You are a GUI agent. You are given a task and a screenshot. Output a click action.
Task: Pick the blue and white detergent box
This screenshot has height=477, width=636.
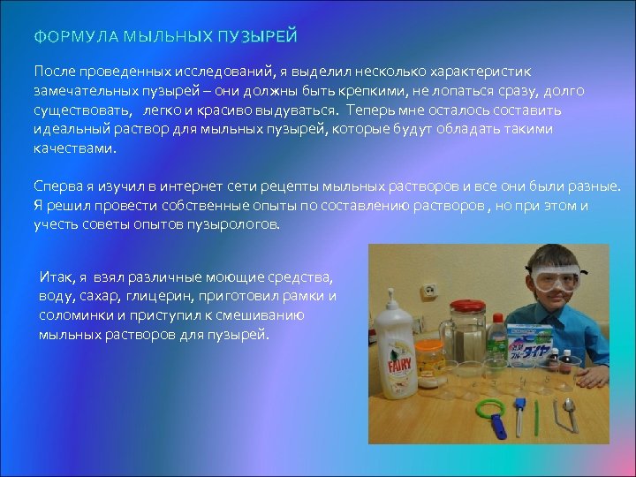point(531,330)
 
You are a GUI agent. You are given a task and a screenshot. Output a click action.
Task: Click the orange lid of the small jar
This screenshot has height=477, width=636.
point(428,344)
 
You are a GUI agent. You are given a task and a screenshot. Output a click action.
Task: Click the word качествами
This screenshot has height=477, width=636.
point(74,148)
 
